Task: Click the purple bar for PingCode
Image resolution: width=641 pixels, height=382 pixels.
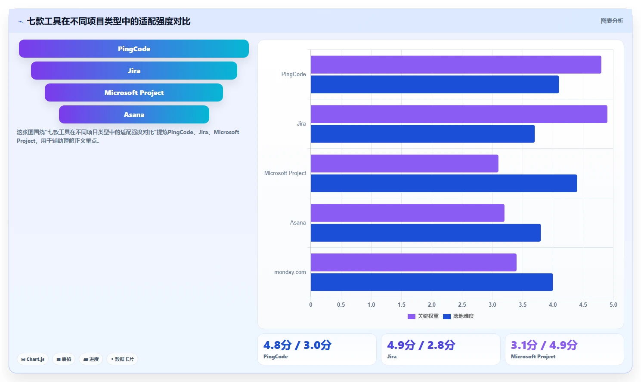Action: (x=456, y=65)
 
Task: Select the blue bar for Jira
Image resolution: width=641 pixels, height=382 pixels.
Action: (x=423, y=134)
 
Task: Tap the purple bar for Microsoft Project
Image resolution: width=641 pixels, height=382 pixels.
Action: (x=405, y=163)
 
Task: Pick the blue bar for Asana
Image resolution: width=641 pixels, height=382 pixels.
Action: (x=426, y=233)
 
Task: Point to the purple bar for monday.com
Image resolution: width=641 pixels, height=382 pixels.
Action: (x=414, y=262)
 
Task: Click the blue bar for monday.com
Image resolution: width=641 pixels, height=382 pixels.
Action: (x=432, y=282)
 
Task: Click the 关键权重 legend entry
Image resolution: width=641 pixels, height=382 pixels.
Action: (x=423, y=316)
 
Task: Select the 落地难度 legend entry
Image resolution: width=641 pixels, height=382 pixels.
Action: (x=458, y=316)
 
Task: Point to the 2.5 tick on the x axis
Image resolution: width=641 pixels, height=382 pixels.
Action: (x=462, y=305)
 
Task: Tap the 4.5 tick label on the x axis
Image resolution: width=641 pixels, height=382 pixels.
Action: (x=583, y=305)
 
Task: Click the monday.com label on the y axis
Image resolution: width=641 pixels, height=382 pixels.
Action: (x=290, y=272)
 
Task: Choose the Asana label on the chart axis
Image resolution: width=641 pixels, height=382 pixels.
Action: (x=298, y=223)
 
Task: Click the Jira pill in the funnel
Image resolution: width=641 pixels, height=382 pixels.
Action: (x=134, y=71)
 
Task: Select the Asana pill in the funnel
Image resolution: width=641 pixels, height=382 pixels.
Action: (x=134, y=115)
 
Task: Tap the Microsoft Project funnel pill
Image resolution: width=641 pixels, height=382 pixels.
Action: (x=134, y=92)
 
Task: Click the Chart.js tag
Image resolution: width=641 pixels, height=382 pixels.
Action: (x=33, y=359)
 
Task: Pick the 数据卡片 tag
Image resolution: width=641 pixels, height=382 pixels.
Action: (x=122, y=359)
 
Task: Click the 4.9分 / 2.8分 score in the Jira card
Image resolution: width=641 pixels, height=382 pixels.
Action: (x=421, y=345)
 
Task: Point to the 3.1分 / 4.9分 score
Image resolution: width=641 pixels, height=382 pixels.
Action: (x=544, y=345)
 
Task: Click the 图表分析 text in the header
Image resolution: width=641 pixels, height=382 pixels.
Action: (x=612, y=21)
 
